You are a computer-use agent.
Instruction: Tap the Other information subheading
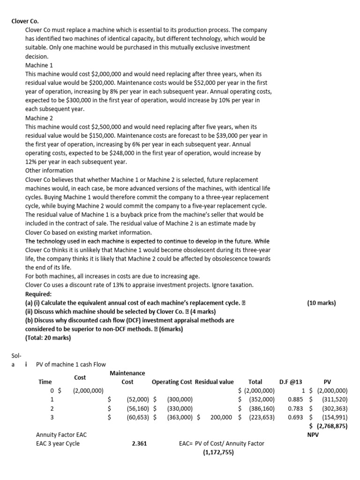coord(49,171)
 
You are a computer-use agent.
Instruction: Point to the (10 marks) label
coord(322,303)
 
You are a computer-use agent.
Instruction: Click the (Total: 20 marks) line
coord(48,338)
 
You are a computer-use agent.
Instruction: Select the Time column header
coord(45,382)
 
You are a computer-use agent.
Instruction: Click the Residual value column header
coord(214,382)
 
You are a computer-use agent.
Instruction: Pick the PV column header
coord(327,382)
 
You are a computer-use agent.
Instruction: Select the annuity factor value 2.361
coord(140,443)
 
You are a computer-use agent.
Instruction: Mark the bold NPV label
coord(313,435)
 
